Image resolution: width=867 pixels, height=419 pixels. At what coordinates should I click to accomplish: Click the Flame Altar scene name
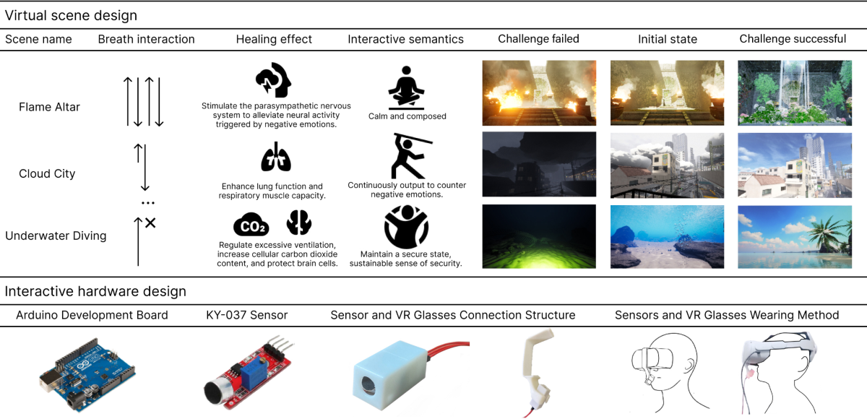point(49,107)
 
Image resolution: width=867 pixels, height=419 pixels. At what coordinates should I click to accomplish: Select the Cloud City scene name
point(47,173)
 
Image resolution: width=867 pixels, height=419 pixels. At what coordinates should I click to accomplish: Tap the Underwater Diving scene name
point(56,236)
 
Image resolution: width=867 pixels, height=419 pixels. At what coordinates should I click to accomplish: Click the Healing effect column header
point(274,39)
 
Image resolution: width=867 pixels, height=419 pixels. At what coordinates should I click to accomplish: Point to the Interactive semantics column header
point(405,39)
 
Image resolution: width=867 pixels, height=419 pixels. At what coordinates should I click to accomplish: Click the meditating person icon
point(407,87)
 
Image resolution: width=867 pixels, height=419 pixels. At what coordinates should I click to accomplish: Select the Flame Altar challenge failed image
point(539,92)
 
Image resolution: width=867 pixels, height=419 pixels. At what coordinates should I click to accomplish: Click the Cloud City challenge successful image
point(793,165)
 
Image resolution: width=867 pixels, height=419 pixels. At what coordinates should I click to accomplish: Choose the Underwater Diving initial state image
point(666,237)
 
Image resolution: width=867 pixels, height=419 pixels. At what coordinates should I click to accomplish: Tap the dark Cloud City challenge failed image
point(539,165)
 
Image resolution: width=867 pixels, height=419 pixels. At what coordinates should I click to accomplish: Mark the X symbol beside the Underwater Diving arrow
point(150,223)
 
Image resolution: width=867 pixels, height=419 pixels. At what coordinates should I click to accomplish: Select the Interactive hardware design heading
point(95,292)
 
